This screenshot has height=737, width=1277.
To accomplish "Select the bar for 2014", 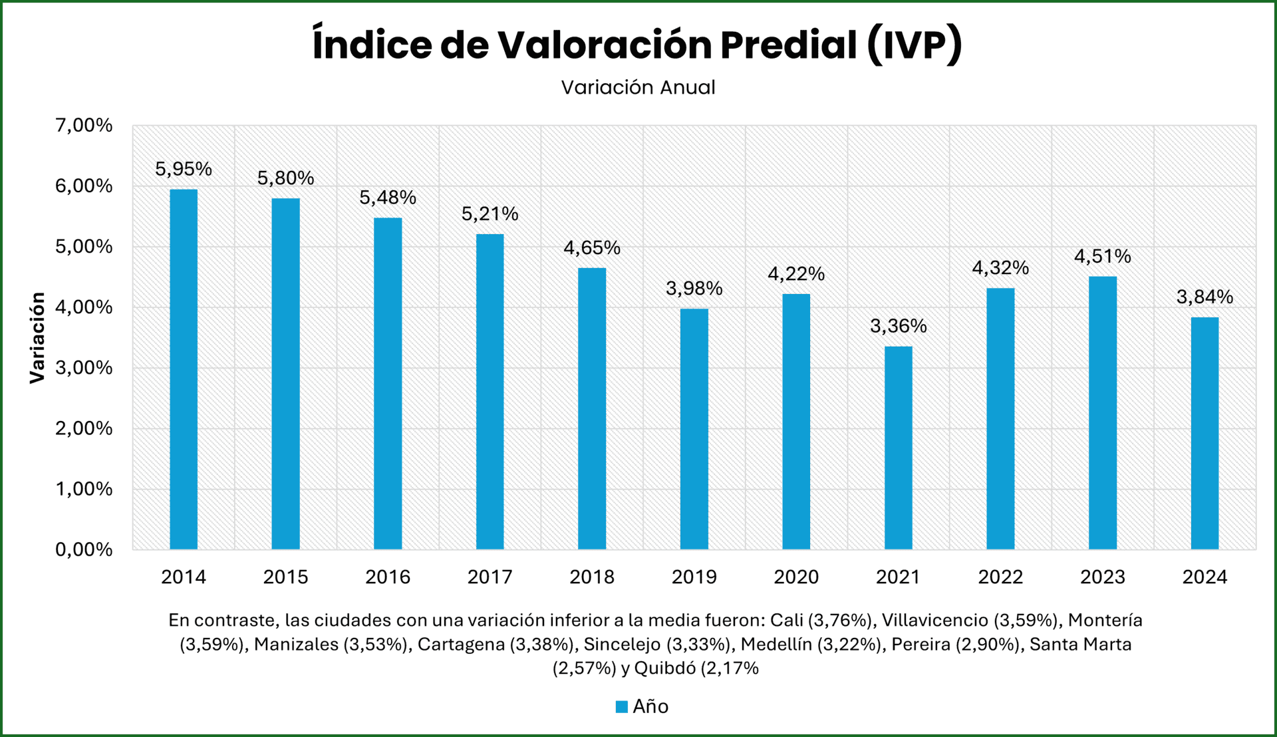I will (x=184, y=369).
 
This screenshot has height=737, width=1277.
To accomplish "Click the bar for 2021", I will (x=898, y=448).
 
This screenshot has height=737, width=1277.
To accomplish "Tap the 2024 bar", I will (x=1205, y=433).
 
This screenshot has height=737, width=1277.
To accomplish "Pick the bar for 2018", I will (x=592, y=408).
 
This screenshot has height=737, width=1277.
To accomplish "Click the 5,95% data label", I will (x=184, y=170).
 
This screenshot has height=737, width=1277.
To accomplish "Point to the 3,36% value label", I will (x=898, y=326).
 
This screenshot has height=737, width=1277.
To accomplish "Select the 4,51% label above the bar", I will (x=1102, y=256).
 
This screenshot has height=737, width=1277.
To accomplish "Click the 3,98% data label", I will (x=694, y=288).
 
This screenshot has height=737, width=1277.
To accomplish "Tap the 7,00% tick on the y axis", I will (x=84, y=125).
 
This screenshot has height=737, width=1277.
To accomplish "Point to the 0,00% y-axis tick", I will (x=84, y=549).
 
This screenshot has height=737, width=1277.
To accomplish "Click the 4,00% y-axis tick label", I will (x=84, y=307).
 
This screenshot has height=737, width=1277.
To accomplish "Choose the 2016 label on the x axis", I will (x=388, y=577).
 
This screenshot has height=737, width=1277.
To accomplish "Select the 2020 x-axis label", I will (x=796, y=577).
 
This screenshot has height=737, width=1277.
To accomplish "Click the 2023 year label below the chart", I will (x=1102, y=577).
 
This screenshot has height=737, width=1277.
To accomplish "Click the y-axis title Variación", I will (x=37, y=337).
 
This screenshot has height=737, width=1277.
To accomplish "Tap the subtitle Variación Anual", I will (x=638, y=87).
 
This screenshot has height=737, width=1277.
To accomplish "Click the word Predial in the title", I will (x=788, y=45).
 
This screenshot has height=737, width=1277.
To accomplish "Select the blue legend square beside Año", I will (x=622, y=706).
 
